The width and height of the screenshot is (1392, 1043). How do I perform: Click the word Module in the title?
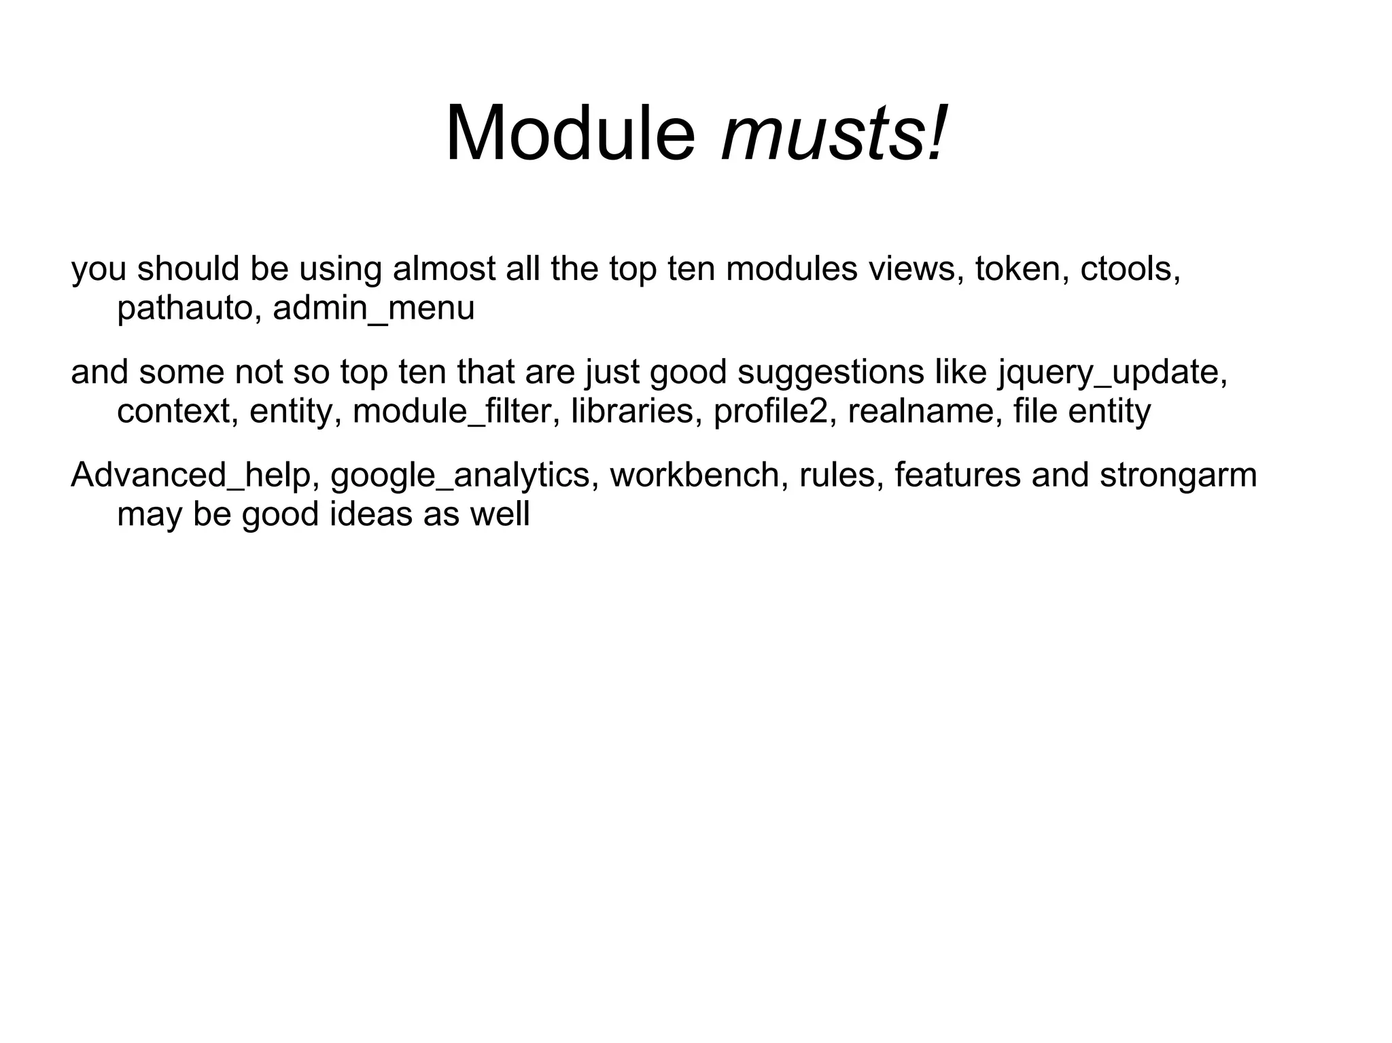coord(570,134)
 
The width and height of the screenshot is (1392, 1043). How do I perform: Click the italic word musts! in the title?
coord(833,134)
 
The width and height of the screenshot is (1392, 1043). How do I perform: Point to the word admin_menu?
coord(373,309)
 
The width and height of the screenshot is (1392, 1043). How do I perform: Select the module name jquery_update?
coord(1112,373)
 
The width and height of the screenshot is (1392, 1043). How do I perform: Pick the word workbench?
coord(699,476)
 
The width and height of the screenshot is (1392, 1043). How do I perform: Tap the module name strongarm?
coord(1178,476)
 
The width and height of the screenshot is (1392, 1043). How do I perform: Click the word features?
coord(957,476)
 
